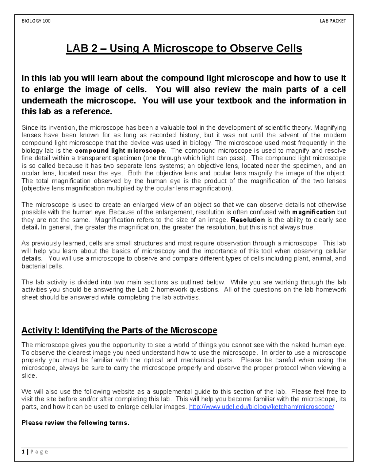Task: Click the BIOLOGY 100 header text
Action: (36, 21)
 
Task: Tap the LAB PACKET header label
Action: (333, 21)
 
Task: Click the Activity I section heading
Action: (119, 330)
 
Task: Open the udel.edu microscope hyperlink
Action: (261, 407)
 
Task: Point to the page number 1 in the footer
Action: (23, 452)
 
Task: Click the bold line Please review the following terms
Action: (75, 423)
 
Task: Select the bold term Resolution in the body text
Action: (248, 220)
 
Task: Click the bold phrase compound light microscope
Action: (120, 151)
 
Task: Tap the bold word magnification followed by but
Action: (314, 212)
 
